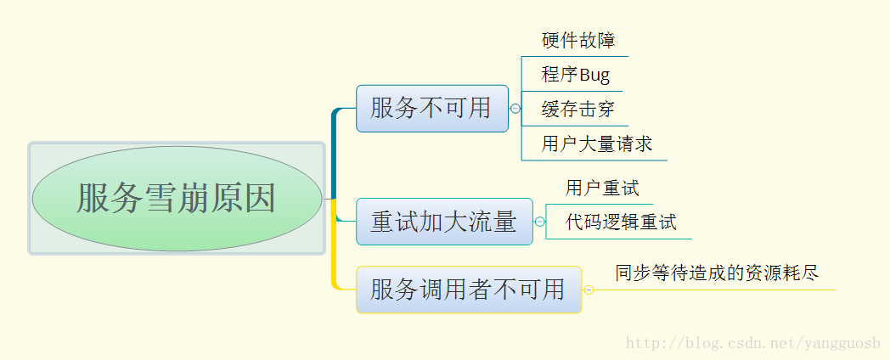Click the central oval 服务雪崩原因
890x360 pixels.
pyautogui.click(x=177, y=198)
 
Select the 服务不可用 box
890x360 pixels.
pyautogui.click(x=432, y=109)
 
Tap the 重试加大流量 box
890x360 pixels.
pyautogui.click(x=444, y=222)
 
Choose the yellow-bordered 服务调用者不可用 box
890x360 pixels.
pyautogui.click(x=469, y=290)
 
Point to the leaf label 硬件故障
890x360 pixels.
pyautogui.click(x=578, y=40)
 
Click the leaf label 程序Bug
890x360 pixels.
pyautogui.click(x=576, y=75)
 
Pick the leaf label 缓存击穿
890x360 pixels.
pyautogui.click(x=577, y=109)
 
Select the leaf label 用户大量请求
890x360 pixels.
pyautogui.click(x=596, y=143)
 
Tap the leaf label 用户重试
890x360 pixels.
pyautogui.click(x=602, y=188)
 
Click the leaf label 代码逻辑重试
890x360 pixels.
pyautogui.click(x=621, y=222)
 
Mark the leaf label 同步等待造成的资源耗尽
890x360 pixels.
pyautogui.click(x=717, y=273)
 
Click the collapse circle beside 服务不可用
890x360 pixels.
pyautogui.click(x=515, y=109)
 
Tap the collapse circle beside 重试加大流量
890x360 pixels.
pyautogui.click(x=540, y=222)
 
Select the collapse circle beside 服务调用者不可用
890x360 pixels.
pyautogui.click(x=589, y=290)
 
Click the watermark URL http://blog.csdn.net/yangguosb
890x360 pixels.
pyautogui.click(x=753, y=343)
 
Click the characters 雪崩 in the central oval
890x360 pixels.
pyautogui.click(x=177, y=198)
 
